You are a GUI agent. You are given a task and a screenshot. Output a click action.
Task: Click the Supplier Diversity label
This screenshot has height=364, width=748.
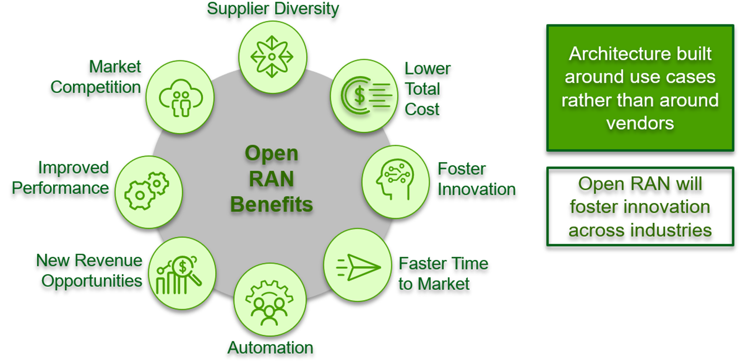click(x=273, y=9)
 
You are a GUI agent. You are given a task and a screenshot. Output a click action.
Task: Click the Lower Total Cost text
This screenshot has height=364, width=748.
click(x=427, y=89)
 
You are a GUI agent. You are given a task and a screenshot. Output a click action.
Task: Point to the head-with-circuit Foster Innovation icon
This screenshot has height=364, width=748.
click(x=395, y=178)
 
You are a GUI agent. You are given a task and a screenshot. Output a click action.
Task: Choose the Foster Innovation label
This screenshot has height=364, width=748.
click(x=476, y=179)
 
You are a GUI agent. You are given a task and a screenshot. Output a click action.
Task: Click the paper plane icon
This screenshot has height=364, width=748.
click(x=358, y=265)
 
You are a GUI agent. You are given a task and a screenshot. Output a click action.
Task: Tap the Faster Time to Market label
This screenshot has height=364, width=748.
click(x=443, y=273)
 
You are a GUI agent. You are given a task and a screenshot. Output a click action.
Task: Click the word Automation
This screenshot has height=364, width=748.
click(x=270, y=347)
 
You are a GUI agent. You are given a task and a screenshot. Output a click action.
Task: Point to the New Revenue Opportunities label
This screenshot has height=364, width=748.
click(x=89, y=270)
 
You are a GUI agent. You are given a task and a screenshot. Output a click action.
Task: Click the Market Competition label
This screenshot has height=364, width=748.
click(x=96, y=77)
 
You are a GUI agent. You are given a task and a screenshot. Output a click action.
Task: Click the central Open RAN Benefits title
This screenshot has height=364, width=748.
click(x=271, y=179)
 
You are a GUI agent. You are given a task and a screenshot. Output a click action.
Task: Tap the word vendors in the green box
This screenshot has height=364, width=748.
click(x=640, y=123)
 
